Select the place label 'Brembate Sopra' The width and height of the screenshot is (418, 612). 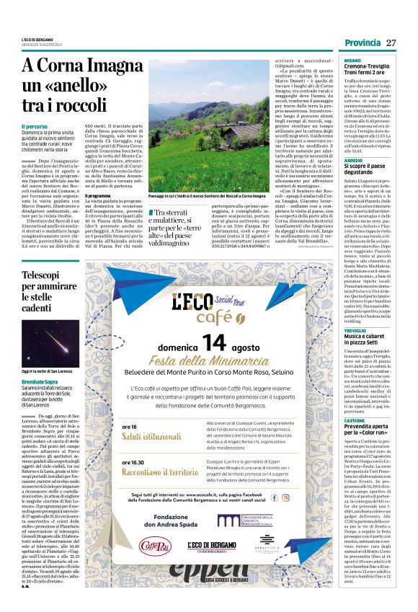[x=40, y=380]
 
